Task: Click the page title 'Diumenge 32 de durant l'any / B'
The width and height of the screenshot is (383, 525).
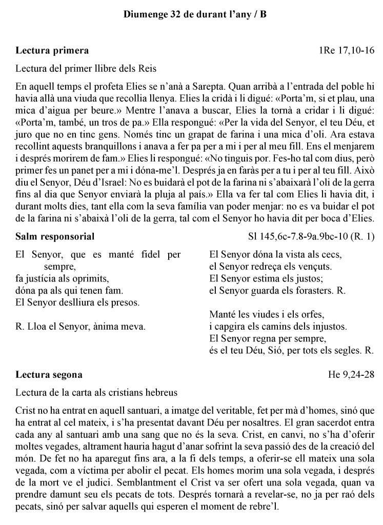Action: click(195, 14)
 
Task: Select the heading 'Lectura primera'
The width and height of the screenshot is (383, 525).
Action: click(52, 50)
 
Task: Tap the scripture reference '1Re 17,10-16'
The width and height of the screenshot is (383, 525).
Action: click(346, 50)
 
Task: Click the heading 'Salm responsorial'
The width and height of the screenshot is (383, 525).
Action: click(55, 236)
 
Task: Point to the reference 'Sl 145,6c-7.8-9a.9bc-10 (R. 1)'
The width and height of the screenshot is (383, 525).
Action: click(311, 236)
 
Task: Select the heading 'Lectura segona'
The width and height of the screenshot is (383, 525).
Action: click(49, 374)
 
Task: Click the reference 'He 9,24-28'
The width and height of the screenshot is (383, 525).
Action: click(351, 374)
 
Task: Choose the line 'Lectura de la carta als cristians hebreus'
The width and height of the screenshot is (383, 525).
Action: click(96, 393)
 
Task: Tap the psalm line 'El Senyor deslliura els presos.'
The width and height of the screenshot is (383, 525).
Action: click(77, 302)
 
